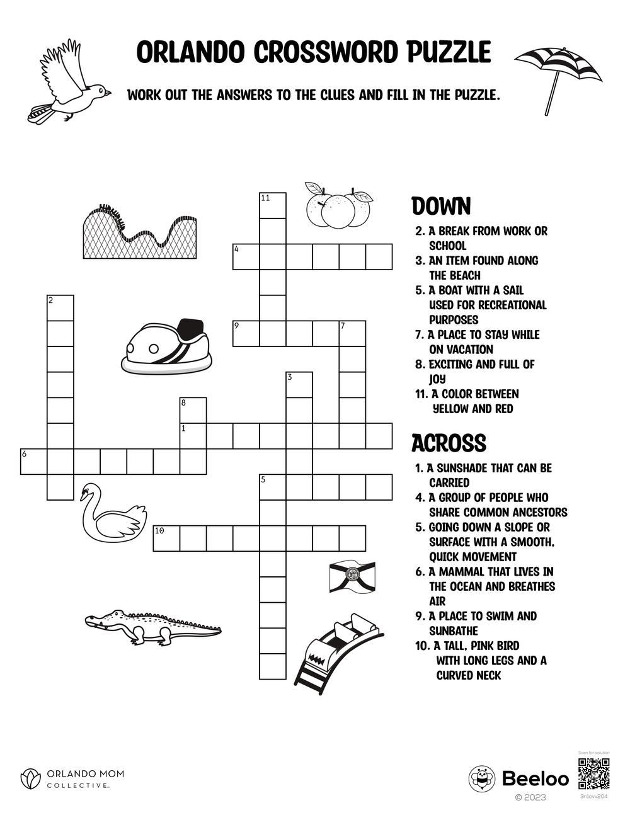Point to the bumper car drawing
point(166,346)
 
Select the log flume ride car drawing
point(339,652)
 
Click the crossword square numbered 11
point(273,205)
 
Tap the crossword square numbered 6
point(34,462)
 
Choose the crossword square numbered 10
point(167,539)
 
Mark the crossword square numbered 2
point(60,307)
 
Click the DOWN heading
point(441,207)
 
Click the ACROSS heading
point(449,443)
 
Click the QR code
point(594,774)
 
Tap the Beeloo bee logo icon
point(482,779)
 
